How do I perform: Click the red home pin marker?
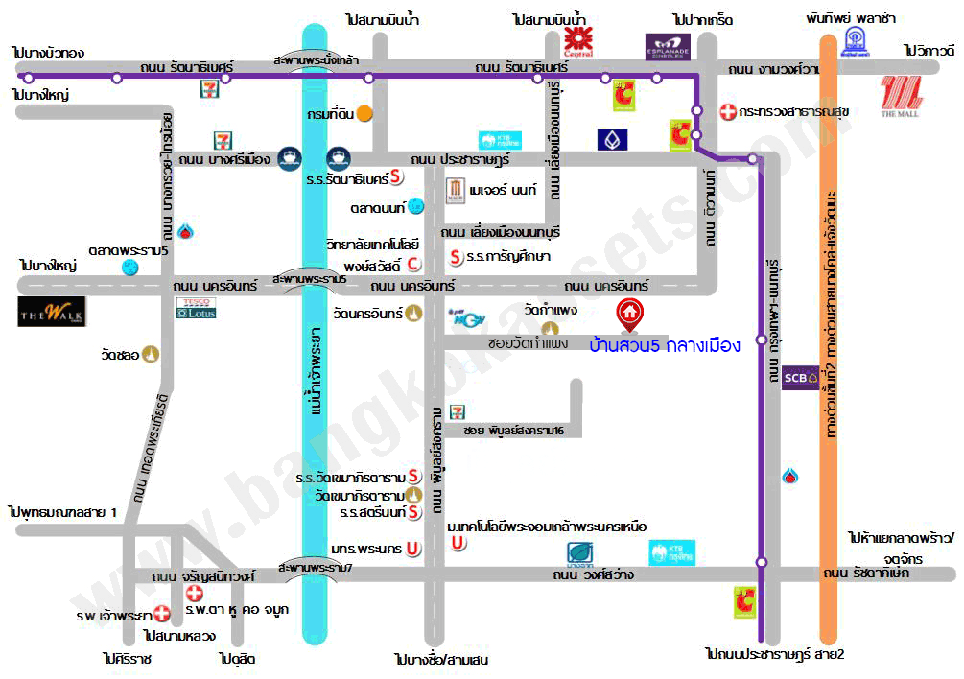(x=629, y=314)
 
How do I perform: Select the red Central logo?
(x=577, y=39)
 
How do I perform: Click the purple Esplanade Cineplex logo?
(x=667, y=45)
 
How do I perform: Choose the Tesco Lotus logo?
(x=197, y=308)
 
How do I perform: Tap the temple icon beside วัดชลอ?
(x=153, y=354)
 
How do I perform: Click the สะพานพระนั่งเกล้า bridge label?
(x=316, y=59)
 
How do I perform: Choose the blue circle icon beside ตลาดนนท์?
(x=415, y=205)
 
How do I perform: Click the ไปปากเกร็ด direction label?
(x=703, y=19)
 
